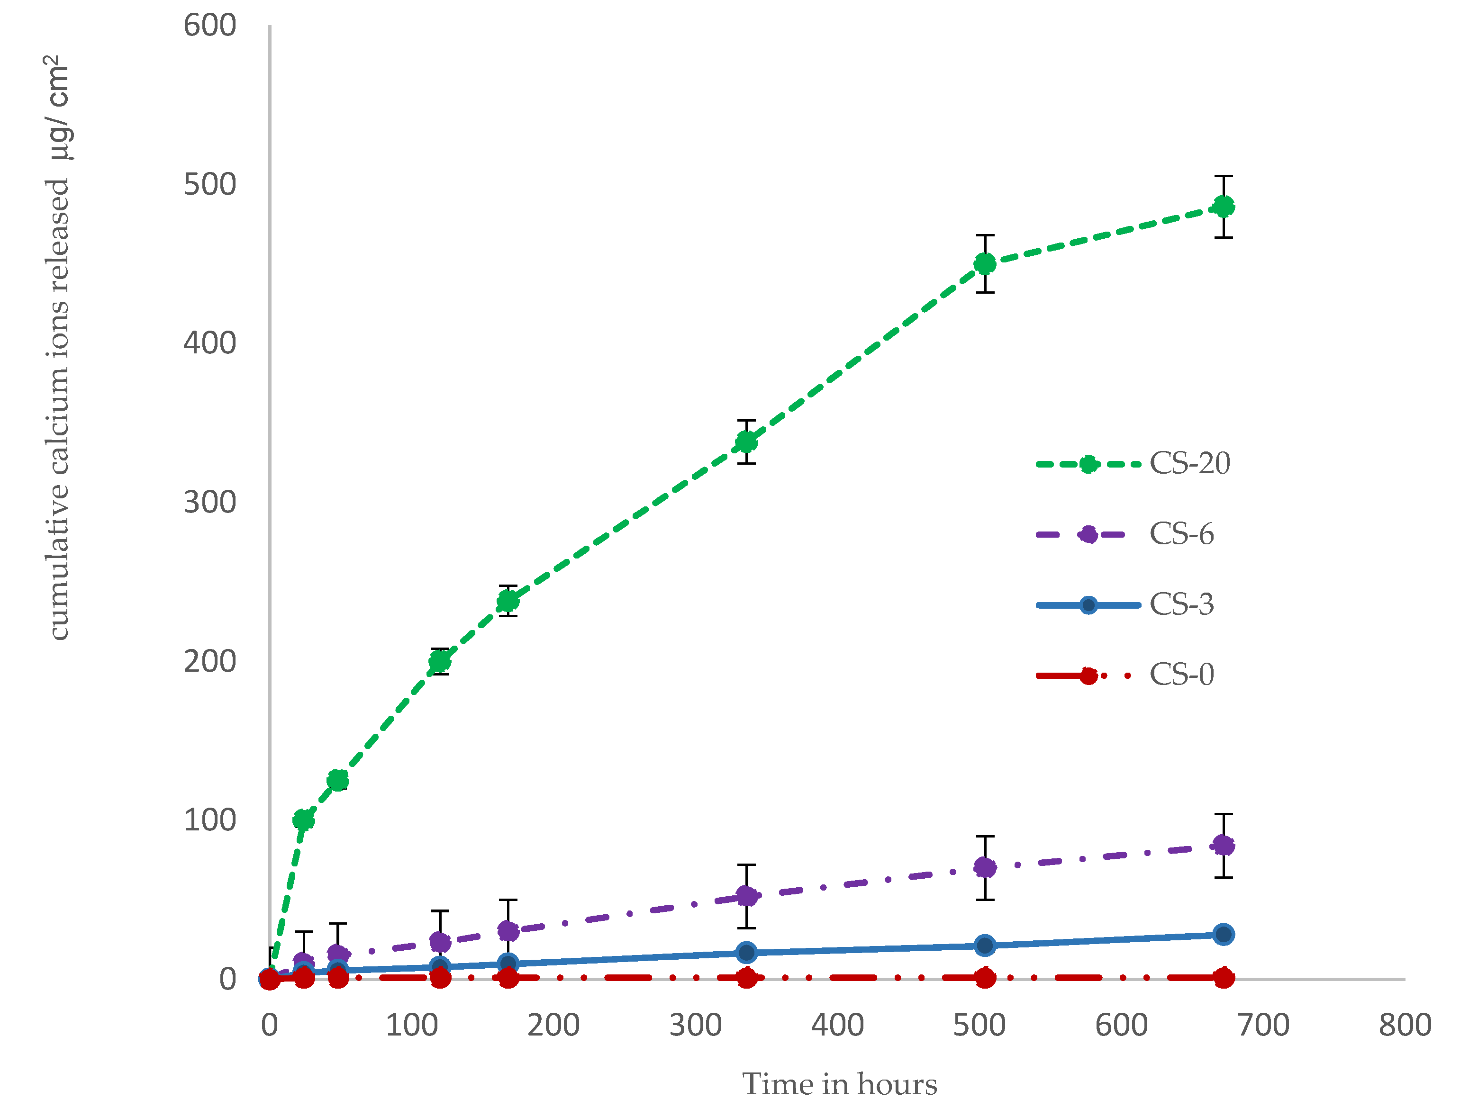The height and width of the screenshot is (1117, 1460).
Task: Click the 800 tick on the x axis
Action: (x=1404, y=1025)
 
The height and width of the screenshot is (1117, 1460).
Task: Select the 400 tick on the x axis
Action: (x=837, y=1025)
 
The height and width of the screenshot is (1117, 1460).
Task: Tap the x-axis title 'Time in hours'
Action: (x=839, y=1084)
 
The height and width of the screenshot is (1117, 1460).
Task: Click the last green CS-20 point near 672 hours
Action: (x=1223, y=207)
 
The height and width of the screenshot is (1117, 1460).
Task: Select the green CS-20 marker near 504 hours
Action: (x=984, y=264)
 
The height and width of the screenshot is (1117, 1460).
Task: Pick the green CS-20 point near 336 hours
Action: (x=746, y=442)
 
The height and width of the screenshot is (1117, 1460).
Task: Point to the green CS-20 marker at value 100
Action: (x=303, y=820)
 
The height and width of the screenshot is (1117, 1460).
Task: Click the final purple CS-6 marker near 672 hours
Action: (x=1223, y=846)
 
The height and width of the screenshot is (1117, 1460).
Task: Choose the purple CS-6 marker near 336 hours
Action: (x=746, y=896)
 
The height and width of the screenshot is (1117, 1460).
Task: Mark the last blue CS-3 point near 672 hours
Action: (x=1223, y=934)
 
